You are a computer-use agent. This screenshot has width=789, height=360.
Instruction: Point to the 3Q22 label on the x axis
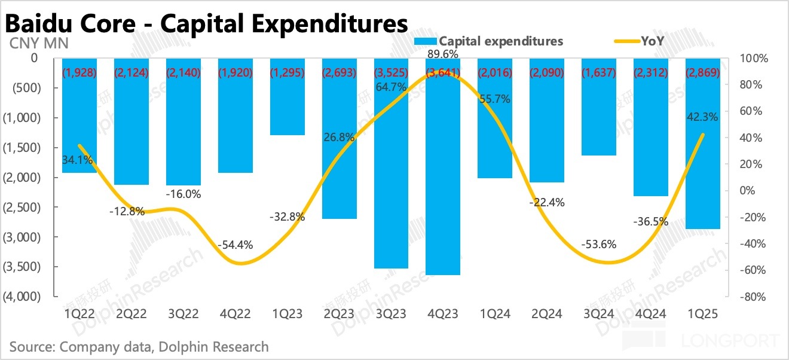click(184, 312)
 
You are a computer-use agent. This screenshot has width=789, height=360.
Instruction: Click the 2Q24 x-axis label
click(546, 312)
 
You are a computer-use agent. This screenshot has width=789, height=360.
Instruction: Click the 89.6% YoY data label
click(443, 54)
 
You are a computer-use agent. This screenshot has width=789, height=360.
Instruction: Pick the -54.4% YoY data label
click(236, 245)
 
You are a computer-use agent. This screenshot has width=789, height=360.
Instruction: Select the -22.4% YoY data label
click(546, 203)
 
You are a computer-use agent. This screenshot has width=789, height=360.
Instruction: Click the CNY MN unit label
click(38, 43)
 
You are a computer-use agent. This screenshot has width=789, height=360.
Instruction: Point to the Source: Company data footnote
click(139, 347)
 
